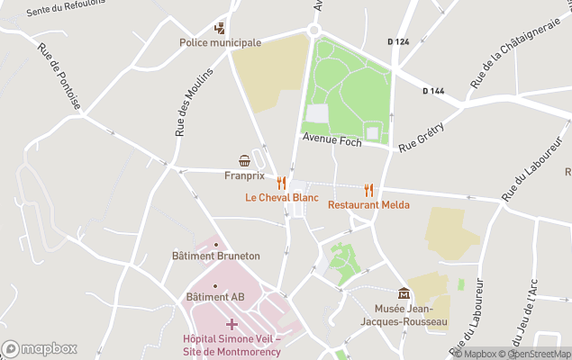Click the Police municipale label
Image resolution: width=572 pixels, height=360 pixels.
[220, 42]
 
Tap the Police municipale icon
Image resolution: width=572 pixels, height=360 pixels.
[219, 28]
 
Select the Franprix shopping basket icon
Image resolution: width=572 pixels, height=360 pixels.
[244, 160]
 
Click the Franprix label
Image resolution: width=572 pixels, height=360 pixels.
[244, 175]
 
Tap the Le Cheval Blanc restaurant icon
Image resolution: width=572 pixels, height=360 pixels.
[282, 182]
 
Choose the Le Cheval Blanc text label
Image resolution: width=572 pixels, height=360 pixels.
[282, 197]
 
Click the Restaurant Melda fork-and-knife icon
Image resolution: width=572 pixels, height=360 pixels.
[368, 190]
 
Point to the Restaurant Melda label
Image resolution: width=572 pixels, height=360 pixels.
[368, 205]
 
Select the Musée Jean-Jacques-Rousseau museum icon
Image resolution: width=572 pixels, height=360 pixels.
[404, 293]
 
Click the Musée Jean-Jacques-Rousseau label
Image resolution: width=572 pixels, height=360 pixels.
[409, 316]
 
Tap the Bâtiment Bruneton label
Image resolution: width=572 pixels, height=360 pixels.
[215, 256]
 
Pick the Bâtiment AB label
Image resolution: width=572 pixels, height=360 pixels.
[215, 297]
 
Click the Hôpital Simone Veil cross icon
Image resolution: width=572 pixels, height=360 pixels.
[232, 323]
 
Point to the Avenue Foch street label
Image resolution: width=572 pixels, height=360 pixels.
[331, 139]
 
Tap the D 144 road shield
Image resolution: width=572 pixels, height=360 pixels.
[433, 90]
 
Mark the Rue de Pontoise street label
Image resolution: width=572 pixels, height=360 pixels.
[59, 77]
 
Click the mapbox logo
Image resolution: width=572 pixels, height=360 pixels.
[39, 348]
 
